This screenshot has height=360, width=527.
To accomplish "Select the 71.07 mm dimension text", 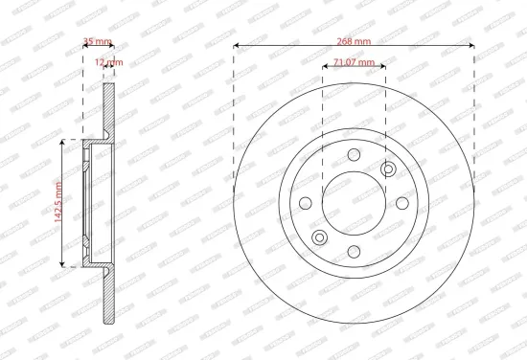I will [355, 64].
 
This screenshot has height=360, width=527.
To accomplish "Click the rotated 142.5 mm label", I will [57, 202].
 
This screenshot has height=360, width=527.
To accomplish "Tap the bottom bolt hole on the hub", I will [354, 251].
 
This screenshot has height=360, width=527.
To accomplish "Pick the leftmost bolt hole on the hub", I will [307, 203].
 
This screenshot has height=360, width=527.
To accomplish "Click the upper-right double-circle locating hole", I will [387, 169].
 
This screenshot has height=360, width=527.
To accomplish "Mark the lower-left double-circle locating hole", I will [320, 236].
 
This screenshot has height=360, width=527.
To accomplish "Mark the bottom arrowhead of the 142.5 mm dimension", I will [63, 263].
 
